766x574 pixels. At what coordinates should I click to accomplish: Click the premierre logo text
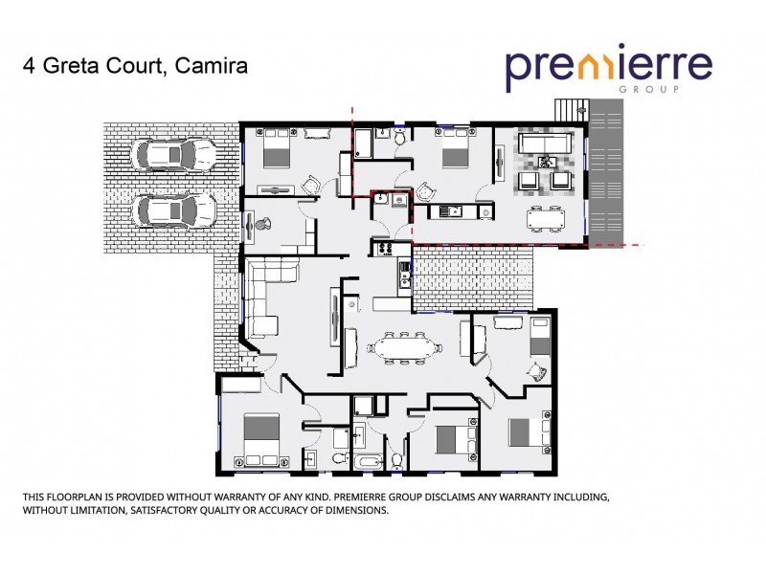pyautogui.click(x=608, y=66)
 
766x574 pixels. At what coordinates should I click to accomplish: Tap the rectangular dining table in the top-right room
pyautogui.click(x=548, y=217)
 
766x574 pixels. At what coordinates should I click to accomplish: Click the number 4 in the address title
pyautogui.click(x=28, y=66)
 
